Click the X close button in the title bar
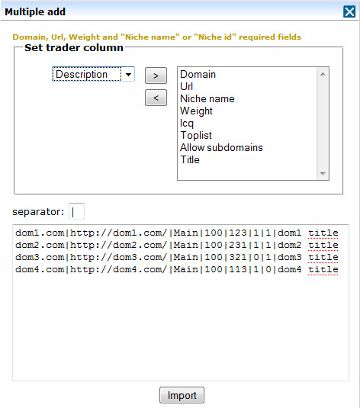tap(349, 11)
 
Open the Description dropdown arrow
tap(128, 75)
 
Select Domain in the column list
tap(198, 75)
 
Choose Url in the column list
tap(186, 86)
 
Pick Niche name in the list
tap(207, 98)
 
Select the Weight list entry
tap(196, 111)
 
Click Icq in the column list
tap(187, 123)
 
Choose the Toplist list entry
tap(196, 135)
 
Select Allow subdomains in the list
tap(221, 147)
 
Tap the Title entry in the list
tap(190, 159)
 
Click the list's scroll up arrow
tap(323, 74)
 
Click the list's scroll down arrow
tap(323, 174)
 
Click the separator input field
tap(76, 211)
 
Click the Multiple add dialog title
tap(35, 11)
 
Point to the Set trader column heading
tap(74, 47)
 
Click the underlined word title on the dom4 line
tap(323, 269)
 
